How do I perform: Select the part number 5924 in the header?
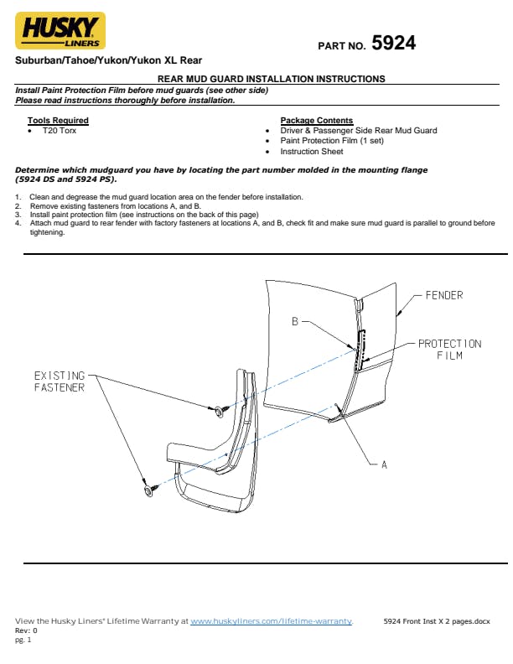[x=393, y=43]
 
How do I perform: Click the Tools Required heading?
[x=58, y=121]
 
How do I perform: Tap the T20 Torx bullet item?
[x=59, y=131]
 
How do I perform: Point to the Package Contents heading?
[x=316, y=121]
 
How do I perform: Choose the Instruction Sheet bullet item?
[x=311, y=152]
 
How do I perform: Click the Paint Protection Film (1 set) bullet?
[x=331, y=141]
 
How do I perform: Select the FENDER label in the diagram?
[x=443, y=296]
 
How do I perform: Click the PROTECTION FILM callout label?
[x=449, y=350]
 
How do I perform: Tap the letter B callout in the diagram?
[x=295, y=321]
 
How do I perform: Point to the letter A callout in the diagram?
[x=384, y=464]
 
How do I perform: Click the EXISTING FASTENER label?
[x=59, y=381]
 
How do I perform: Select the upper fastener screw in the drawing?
[x=217, y=410]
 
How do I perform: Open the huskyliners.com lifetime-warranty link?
[x=272, y=621]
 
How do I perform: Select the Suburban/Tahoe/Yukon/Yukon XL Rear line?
[x=108, y=61]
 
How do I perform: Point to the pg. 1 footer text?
[x=22, y=639]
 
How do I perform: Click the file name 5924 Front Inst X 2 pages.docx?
[x=436, y=621]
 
